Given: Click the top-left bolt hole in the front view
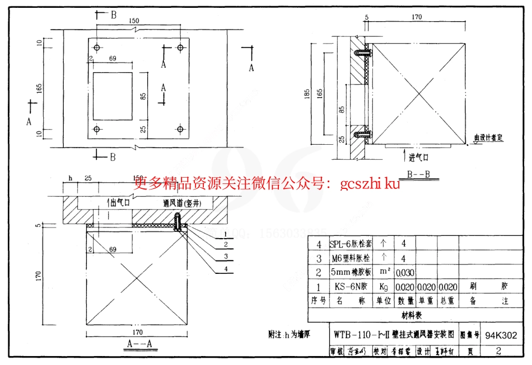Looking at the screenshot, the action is (97, 48).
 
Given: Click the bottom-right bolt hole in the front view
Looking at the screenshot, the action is (180, 130).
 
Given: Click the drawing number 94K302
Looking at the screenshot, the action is (501, 336).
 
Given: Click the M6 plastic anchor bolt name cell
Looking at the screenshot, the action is (351, 258).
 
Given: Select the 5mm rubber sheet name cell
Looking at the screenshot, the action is (351, 272).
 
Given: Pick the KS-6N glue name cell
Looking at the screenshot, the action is (351, 287).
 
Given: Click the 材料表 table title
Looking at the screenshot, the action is (412, 315).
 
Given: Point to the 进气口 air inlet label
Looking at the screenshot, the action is (418, 157).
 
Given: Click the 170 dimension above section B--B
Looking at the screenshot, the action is (416, 17).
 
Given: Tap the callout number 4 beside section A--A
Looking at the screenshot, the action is (226, 269).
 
